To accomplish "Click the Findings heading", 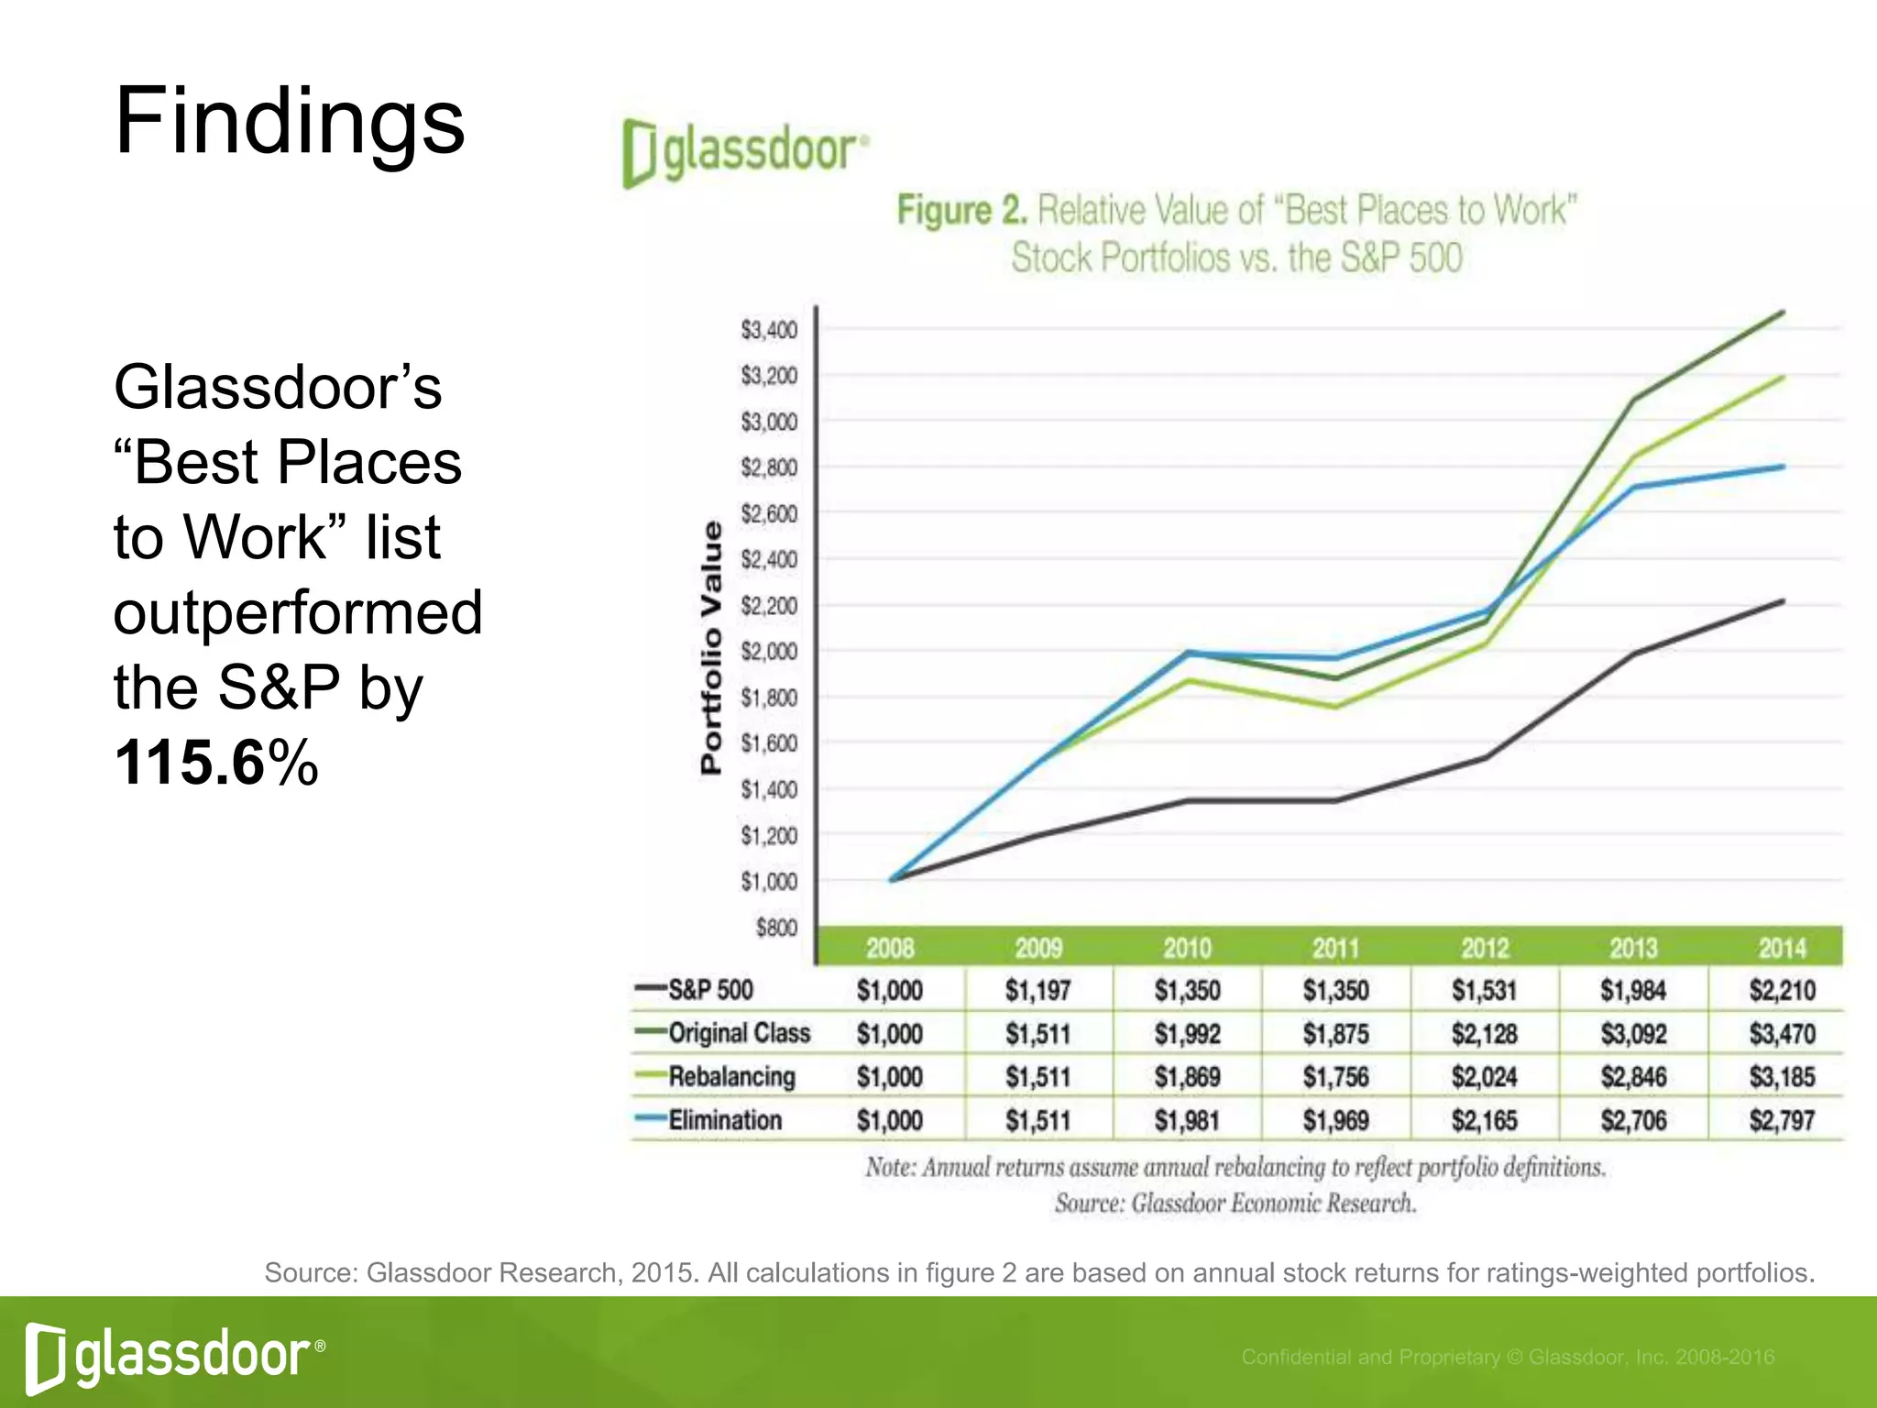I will (x=290, y=122).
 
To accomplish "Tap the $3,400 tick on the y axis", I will (x=769, y=330).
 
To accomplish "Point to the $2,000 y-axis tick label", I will (x=769, y=652).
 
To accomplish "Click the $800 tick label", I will (x=776, y=928).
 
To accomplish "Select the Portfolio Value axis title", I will (x=711, y=647).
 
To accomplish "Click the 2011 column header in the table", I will (x=1335, y=948).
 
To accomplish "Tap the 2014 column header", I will (x=1782, y=948).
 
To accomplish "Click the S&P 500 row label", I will (x=710, y=990).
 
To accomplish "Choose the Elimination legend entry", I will (x=724, y=1120).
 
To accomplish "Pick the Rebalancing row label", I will (x=731, y=1076).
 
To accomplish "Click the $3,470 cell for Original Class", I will (x=1782, y=1034).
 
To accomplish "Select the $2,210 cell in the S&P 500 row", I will (x=1782, y=990).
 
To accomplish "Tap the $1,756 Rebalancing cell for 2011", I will (x=1335, y=1077).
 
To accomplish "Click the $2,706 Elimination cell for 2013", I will (x=1633, y=1120).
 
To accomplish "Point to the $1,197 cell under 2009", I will (x=1037, y=990).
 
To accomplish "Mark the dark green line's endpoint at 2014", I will (x=1783, y=313).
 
